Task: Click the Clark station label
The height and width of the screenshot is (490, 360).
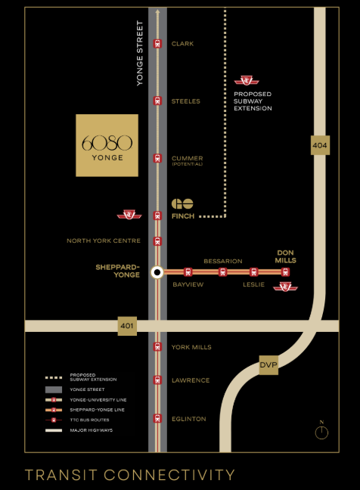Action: tap(183, 44)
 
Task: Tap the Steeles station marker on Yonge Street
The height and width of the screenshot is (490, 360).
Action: tap(157, 101)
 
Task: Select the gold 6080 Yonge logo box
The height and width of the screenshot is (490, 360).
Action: tap(107, 145)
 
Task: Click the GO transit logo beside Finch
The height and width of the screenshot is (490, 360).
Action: tap(182, 204)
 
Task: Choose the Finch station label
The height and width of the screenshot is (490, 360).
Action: tap(183, 216)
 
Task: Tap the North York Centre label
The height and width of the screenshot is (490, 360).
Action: tap(104, 241)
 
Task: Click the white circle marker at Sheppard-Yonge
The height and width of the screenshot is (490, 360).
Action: tap(157, 271)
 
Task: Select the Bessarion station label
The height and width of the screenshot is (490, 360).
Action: tap(223, 261)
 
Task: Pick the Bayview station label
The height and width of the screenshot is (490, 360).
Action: tap(188, 284)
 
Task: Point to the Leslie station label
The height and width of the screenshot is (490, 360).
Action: tap(253, 284)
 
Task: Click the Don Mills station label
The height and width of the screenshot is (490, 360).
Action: tap(285, 256)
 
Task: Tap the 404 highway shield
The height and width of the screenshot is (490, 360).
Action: tap(320, 144)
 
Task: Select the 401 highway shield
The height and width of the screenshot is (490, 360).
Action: tap(128, 326)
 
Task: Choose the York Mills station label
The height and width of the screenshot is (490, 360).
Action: tap(191, 347)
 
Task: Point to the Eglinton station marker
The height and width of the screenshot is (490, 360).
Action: tap(157, 418)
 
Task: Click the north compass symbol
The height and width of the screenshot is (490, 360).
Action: tap(321, 432)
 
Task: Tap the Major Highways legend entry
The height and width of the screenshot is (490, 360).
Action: tap(84, 430)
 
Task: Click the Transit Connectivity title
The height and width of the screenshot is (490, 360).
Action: tap(130, 475)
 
